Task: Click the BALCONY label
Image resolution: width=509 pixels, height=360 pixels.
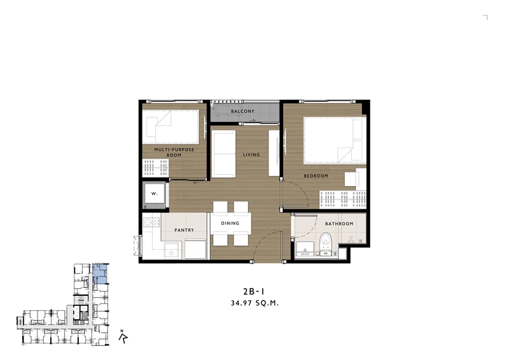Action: tap(242, 111)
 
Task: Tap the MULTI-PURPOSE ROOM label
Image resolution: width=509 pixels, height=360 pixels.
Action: tap(174, 153)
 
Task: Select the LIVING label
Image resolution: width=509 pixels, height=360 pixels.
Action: tap(251, 155)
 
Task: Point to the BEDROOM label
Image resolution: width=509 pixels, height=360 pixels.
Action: tap(316, 176)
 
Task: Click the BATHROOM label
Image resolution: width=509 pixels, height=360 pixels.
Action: tap(339, 224)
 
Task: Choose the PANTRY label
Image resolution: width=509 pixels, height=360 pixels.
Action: tap(184, 230)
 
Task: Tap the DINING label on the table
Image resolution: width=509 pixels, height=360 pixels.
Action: tap(230, 223)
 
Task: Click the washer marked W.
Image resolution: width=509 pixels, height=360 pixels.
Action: tap(155, 194)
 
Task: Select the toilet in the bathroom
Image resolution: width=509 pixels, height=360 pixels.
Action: tap(325, 244)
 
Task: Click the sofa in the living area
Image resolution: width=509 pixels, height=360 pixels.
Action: tap(224, 154)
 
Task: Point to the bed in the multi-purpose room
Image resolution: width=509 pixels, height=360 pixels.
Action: tap(171, 127)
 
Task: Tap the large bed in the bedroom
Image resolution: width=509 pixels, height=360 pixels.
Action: tap(335, 140)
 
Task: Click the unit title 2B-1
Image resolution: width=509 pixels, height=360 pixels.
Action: tap(253, 291)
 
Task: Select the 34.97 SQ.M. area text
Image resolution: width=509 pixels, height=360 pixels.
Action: tap(255, 303)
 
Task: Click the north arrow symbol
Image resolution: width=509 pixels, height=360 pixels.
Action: tap(123, 337)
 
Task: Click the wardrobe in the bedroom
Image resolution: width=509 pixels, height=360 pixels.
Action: tap(343, 199)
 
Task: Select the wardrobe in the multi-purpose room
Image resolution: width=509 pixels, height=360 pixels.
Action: tap(155, 167)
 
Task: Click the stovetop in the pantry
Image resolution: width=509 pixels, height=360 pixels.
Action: tap(151, 223)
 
